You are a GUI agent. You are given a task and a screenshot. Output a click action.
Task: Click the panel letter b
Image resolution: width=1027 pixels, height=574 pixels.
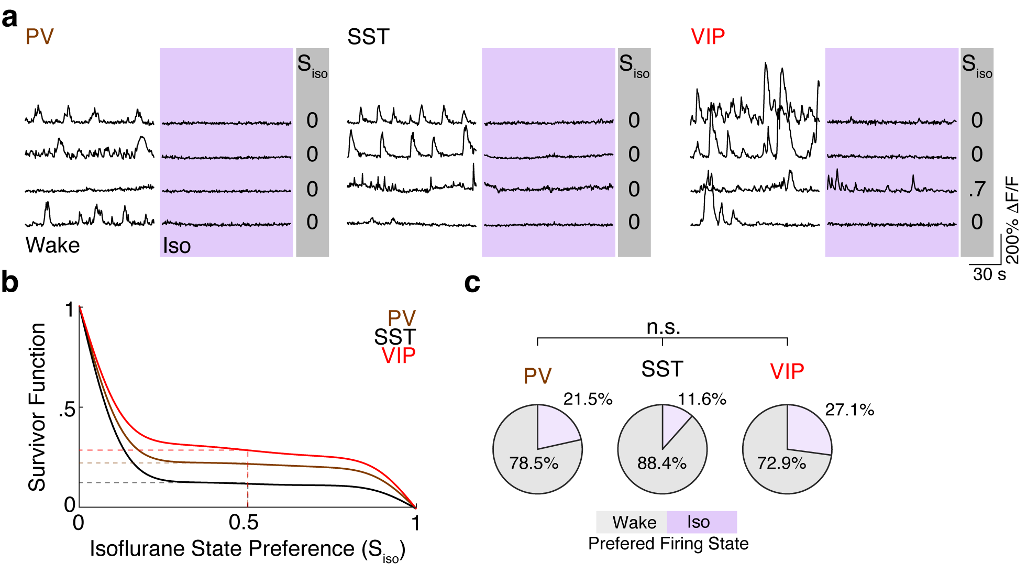pos(10,282)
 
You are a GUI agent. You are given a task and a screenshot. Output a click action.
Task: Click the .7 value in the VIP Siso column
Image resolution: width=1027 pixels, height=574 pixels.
pos(977,189)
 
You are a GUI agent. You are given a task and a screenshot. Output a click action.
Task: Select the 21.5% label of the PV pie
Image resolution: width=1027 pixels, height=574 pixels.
pos(588,399)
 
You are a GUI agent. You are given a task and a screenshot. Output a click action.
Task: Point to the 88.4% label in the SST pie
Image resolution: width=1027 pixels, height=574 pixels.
pos(661,463)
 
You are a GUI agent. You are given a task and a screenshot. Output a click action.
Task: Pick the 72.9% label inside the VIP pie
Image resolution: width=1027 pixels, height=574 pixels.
pos(781,463)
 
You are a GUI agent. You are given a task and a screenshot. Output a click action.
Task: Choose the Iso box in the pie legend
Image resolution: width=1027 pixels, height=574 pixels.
pos(701,522)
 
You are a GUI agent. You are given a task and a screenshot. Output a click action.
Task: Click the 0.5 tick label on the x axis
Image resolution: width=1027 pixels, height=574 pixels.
pos(244,523)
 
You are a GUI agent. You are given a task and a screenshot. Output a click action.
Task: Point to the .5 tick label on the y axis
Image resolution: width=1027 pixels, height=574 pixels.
pos(67,409)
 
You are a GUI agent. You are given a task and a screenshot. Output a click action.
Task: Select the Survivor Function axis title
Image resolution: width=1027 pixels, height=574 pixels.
pos(37,407)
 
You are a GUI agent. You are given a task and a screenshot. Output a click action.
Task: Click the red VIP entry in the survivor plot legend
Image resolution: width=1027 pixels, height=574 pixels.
pos(399,356)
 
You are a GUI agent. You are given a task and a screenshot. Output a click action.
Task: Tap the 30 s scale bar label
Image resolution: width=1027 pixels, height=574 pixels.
pos(989,274)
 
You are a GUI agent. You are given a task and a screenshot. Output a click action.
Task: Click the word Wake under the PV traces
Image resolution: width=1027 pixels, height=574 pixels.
pos(52,245)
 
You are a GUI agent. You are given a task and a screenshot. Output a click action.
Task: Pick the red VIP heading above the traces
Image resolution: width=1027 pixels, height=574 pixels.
pos(708,37)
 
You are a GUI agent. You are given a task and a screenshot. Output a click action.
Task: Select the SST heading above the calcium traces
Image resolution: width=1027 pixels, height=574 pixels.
pos(368,37)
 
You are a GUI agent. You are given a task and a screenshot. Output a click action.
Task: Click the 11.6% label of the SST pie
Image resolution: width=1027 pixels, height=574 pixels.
pos(702,399)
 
